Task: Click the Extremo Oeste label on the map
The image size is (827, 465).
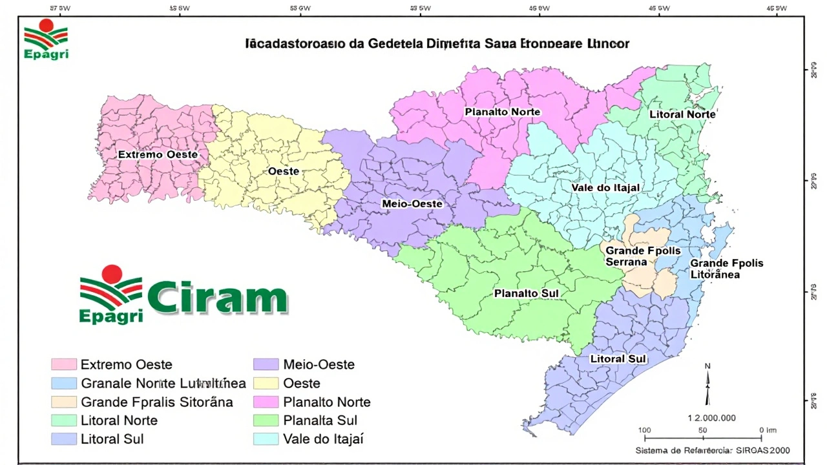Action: point(158,155)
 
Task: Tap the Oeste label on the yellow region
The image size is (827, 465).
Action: point(284,171)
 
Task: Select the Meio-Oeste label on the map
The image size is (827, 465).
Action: point(412,204)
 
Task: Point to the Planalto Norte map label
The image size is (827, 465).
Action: point(502,112)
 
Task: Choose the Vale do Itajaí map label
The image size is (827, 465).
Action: point(605,188)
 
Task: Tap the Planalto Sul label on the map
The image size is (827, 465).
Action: point(526,294)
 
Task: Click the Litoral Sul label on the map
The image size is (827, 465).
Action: point(618,359)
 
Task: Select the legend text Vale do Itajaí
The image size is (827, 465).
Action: point(323,439)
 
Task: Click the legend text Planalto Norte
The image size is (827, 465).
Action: point(327,402)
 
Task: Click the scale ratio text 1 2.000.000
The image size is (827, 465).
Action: point(711,418)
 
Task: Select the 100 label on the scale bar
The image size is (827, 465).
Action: point(644,430)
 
